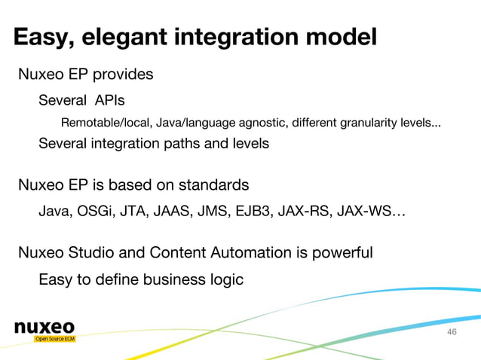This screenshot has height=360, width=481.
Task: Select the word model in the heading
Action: [339, 38]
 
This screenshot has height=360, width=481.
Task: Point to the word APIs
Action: [110, 100]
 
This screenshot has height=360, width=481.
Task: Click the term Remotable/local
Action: [108, 123]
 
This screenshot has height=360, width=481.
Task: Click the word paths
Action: [188, 143]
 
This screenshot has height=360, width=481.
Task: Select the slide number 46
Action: [452, 333]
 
